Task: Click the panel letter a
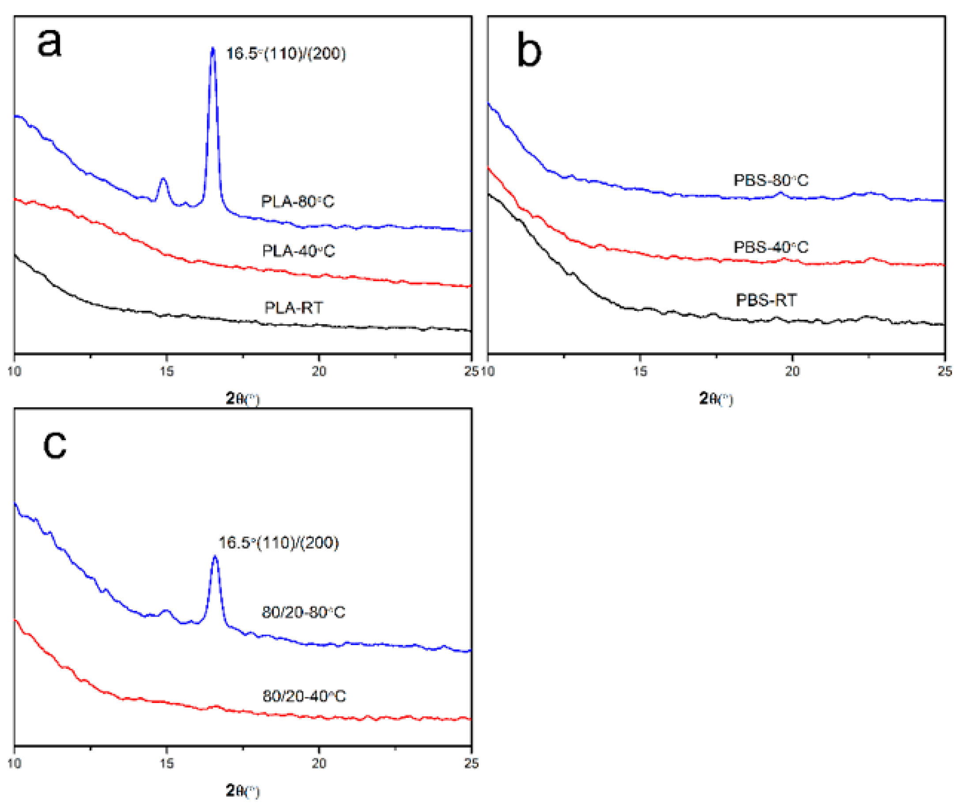(49, 42)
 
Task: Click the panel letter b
(529, 50)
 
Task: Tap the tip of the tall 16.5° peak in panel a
(213, 48)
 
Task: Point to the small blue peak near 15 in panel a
(163, 179)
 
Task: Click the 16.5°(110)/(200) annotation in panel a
(286, 53)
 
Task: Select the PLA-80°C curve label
(298, 201)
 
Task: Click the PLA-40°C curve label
(298, 251)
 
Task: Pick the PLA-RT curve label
(294, 307)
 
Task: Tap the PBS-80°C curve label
(771, 180)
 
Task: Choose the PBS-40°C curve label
(771, 247)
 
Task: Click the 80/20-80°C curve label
(303, 612)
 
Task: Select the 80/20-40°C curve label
(304, 696)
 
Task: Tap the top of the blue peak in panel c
(215, 557)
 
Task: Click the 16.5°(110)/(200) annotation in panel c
(278, 542)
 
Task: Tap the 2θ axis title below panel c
(242, 791)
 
